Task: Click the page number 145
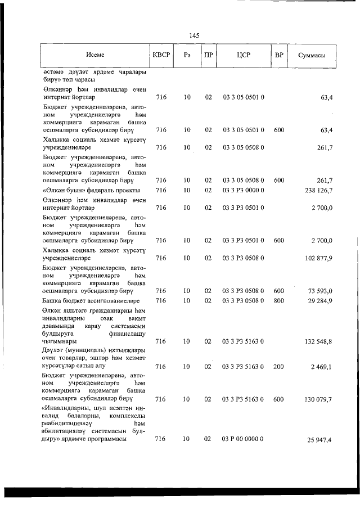point(195,35)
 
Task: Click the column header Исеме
point(95,55)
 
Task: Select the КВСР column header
point(162,55)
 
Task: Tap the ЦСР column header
point(244,55)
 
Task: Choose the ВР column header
point(279,55)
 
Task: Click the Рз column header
point(187,55)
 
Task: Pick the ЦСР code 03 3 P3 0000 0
point(244,190)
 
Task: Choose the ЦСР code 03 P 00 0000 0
point(244,438)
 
